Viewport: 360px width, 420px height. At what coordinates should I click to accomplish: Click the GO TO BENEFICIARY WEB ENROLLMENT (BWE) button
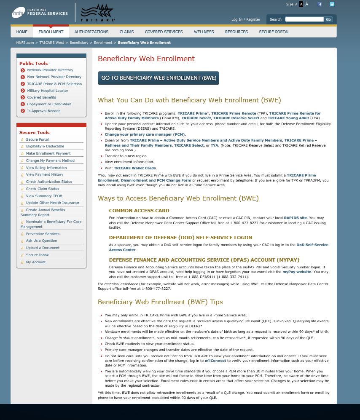[x=158, y=78]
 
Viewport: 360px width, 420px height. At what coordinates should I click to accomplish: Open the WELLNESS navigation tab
[x=204, y=32]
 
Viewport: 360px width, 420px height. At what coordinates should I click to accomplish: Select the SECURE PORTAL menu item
[x=274, y=32]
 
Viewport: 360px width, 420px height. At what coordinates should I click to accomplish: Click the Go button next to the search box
[x=328, y=19]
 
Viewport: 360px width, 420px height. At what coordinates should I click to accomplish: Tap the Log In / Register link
[x=246, y=19]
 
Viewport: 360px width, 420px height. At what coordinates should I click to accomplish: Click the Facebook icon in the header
[x=320, y=5]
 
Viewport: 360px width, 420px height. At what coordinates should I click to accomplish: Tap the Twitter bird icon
[x=332, y=5]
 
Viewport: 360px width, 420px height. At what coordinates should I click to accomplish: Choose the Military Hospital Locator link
[x=48, y=91]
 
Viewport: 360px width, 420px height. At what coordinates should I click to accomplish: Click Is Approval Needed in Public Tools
[x=44, y=111]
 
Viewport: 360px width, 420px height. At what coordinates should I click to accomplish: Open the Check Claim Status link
[x=43, y=189]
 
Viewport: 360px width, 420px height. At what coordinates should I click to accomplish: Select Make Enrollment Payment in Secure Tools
[x=48, y=153]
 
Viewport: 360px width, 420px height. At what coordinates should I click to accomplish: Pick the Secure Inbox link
[x=37, y=255]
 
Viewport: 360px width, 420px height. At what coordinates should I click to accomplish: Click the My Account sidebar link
[x=36, y=262]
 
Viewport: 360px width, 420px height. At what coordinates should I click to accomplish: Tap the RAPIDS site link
[x=295, y=218]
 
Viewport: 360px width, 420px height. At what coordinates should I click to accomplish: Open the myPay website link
[x=297, y=272]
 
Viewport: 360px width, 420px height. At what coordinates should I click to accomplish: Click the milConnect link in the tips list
[x=216, y=361]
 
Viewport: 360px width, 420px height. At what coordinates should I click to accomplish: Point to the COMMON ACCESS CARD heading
[x=139, y=211]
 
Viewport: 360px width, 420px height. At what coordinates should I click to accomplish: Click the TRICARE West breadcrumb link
[x=52, y=43]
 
